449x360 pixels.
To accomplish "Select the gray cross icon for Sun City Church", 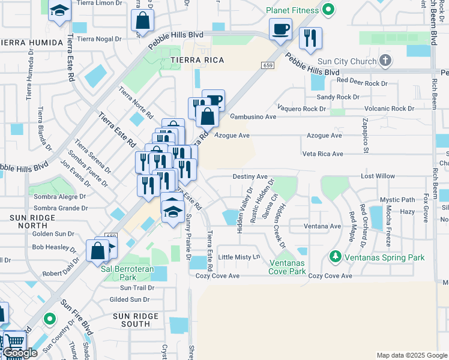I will [x=386, y=60].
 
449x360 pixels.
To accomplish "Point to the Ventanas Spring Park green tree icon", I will [x=335, y=257].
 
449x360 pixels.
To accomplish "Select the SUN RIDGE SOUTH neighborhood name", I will [x=136, y=320].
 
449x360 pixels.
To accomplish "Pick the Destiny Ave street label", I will [x=250, y=176].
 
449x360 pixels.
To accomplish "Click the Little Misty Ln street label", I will [x=240, y=257].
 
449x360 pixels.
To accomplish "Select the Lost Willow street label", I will [x=378, y=176].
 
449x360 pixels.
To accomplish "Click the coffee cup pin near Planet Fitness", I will [x=280, y=29].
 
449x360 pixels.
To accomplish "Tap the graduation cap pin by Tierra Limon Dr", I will [x=59, y=11].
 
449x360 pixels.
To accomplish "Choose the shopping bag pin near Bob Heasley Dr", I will [x=97, y=250].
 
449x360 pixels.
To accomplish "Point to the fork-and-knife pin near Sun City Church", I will [x=310, y=39].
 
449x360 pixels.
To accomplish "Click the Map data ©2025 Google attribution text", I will [x=411, y=355].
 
